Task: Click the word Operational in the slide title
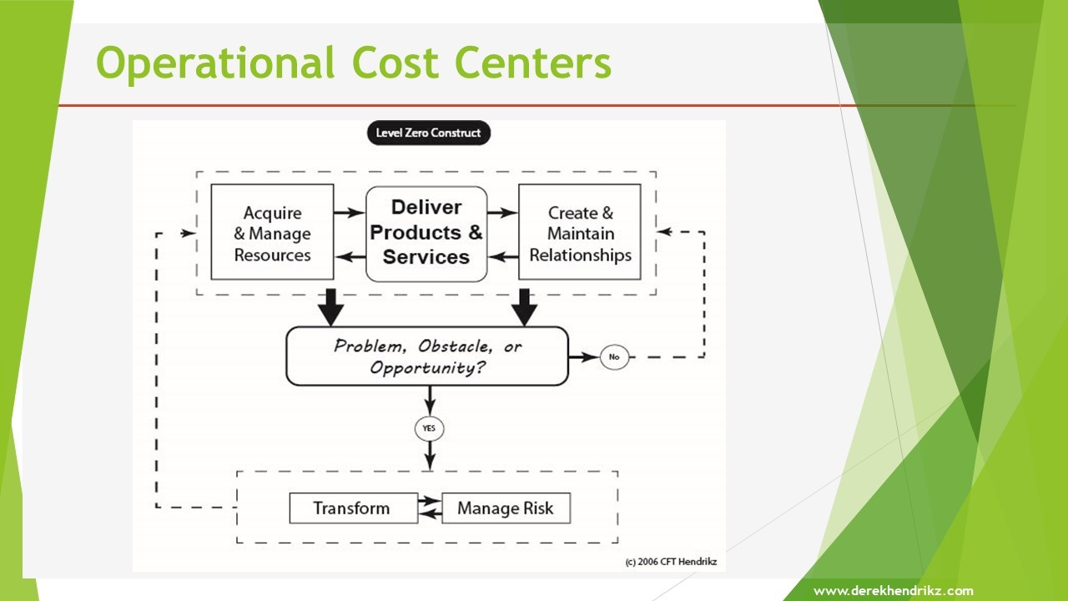(x=215, y=63)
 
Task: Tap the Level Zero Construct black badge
(x=429, y=133)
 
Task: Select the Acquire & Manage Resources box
(x=272, y=232)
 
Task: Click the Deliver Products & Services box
(x=426, y=234)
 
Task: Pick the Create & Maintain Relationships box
(x=580, y=232)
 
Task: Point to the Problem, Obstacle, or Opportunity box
(x=427, y=356)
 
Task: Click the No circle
(x=614, y=356)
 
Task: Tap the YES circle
(x=429, y=428)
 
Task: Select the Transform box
(x=353, y=508)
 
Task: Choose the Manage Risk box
(x=506, y=508)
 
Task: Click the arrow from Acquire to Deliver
(x=350, y=212)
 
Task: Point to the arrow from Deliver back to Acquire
(x=350, y=257)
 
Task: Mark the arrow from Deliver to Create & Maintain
(x=502, y=212)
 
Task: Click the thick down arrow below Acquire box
(x=331, y=307)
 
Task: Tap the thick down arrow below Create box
(x=525, y=307)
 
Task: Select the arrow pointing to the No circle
(x=584, y=356)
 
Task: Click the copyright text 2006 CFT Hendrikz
(x=671, y=562)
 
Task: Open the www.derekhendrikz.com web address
(x=894, y=591)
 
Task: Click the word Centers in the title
(x=533, y=63)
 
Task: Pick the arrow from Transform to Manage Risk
(x=430, y=500)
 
